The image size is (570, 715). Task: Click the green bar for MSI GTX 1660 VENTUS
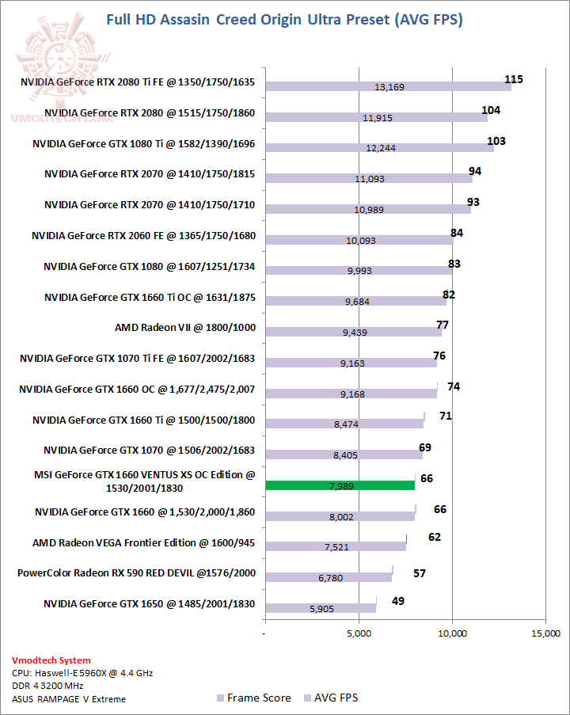[x=340, y=485]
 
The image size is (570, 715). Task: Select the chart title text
[x=284, y=20]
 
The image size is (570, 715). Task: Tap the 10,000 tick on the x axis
[x=452, y=633]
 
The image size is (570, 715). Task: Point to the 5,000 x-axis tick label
[x=359, y=633]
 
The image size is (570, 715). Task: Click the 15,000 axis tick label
[x=545, y=633]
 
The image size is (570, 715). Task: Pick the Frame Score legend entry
[x=253, y=698]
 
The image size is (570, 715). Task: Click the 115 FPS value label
[x=514, y=79]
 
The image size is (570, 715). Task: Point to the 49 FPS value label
[x=397, y=601]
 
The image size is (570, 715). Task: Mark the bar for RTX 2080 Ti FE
[x=388, y=86]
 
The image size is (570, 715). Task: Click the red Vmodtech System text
[x=51, y=660]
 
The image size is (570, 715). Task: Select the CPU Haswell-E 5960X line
[x=82, y=672]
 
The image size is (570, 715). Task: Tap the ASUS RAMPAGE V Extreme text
[x=69, y=698]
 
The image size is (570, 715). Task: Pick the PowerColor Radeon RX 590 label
[x=136, y=572]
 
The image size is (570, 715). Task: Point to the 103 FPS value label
[x=496, y=141]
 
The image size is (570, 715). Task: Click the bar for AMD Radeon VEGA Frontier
[x=336, y=546]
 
